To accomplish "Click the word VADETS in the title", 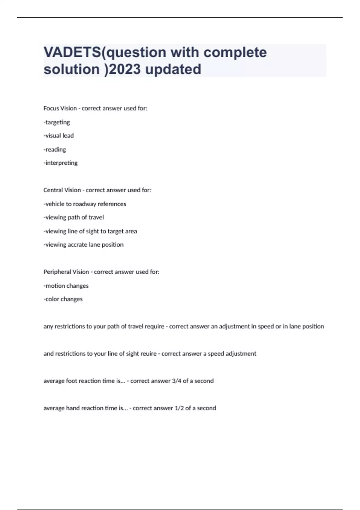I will click(72, 52).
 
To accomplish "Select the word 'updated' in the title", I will click(173, 69).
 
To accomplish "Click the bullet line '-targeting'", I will click(57, 122).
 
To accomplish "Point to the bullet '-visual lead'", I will click(59, 136).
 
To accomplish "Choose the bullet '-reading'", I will click(55, 149).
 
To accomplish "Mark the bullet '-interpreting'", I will click(61, 163).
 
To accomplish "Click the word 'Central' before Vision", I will click(53, 190).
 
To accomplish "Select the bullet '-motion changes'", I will click(66, 286).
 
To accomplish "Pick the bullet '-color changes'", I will click(63, 299).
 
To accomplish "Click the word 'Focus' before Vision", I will click(51, 108).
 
